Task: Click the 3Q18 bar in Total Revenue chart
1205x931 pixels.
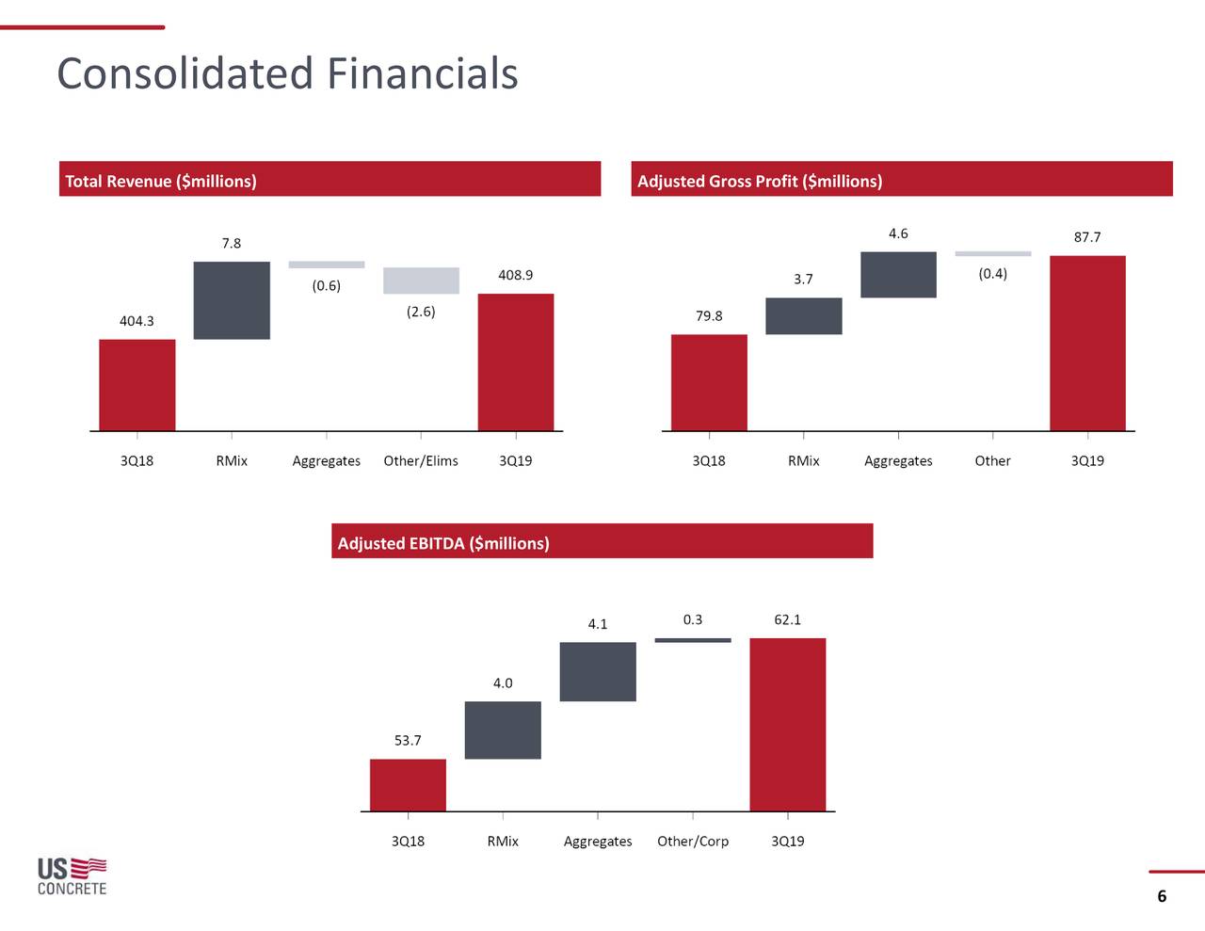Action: coord(137,384)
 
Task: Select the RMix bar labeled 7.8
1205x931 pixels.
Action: coord(232,299)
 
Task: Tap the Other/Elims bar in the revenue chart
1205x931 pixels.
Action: coord(421,281)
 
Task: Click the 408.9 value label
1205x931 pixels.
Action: coord(515,275)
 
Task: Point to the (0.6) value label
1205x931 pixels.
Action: coord(326,285)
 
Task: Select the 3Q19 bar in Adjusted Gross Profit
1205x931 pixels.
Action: coord(1087,343)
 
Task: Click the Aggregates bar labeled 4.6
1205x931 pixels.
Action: coord(898,275)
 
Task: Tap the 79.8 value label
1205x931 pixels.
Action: coord(709,315)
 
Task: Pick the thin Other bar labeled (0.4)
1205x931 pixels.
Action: coord(993,253)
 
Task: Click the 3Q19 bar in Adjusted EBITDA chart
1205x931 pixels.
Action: coord(788,724)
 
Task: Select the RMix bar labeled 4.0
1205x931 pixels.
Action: coord(503,730)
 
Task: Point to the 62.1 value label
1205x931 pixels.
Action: coord(788,619)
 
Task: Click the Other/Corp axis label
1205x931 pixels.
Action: coord(693,841)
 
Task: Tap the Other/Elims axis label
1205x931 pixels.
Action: coord(421,460)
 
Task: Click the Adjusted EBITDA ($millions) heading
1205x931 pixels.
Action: coord(443,543)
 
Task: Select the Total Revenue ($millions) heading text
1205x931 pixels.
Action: coord(161,181)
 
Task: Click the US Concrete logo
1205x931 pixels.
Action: coord(72,875)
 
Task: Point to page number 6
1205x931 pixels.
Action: coord(1162,896)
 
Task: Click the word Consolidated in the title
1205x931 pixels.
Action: coord(185,73)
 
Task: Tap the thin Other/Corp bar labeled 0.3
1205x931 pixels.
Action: coord(693,640)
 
